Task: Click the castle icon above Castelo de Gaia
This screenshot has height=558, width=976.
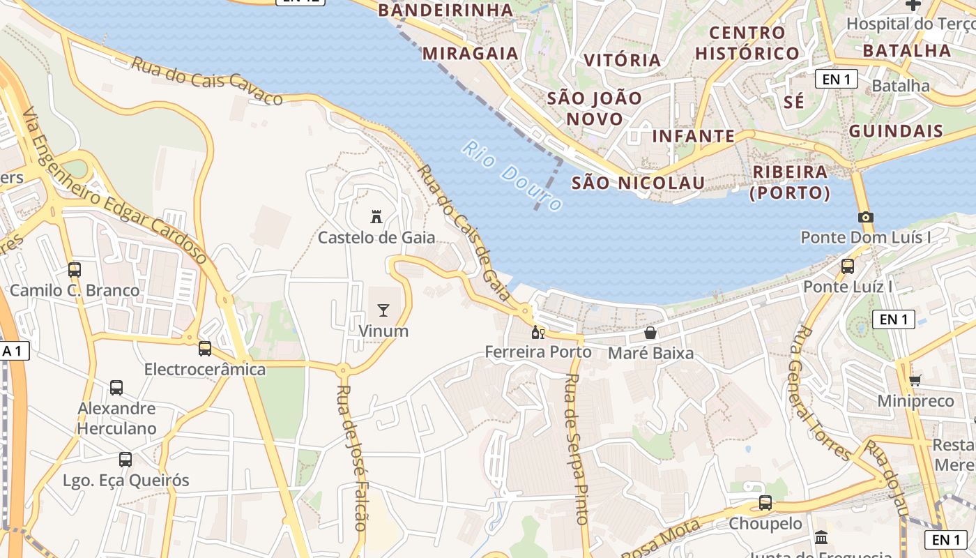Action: pos(376,216)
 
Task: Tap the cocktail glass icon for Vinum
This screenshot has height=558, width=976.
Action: pos(383,310)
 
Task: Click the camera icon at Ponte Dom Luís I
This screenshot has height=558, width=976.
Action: pos(866,217)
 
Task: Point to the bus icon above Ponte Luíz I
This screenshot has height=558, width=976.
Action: pos(848,266)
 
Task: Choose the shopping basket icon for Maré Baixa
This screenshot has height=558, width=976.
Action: pos(650,332)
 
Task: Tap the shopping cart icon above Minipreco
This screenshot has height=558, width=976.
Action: pos(915,380)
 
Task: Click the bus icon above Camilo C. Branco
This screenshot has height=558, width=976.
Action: pos(75,269)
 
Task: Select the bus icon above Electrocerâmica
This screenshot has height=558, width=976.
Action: pos(204,348)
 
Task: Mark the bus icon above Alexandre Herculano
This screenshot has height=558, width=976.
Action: pos(116,387)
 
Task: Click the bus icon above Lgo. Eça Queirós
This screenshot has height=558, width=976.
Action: pos(125,460)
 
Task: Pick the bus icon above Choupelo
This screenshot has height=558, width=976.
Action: pos(765,502)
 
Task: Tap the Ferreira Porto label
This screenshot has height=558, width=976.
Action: pos(538,352)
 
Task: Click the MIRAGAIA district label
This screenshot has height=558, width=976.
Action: pos(471,53)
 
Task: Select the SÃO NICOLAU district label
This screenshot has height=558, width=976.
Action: pos(638,183)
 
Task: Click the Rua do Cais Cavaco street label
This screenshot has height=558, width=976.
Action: pos(207,81)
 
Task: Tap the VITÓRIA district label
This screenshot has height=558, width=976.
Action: pos(623,60)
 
